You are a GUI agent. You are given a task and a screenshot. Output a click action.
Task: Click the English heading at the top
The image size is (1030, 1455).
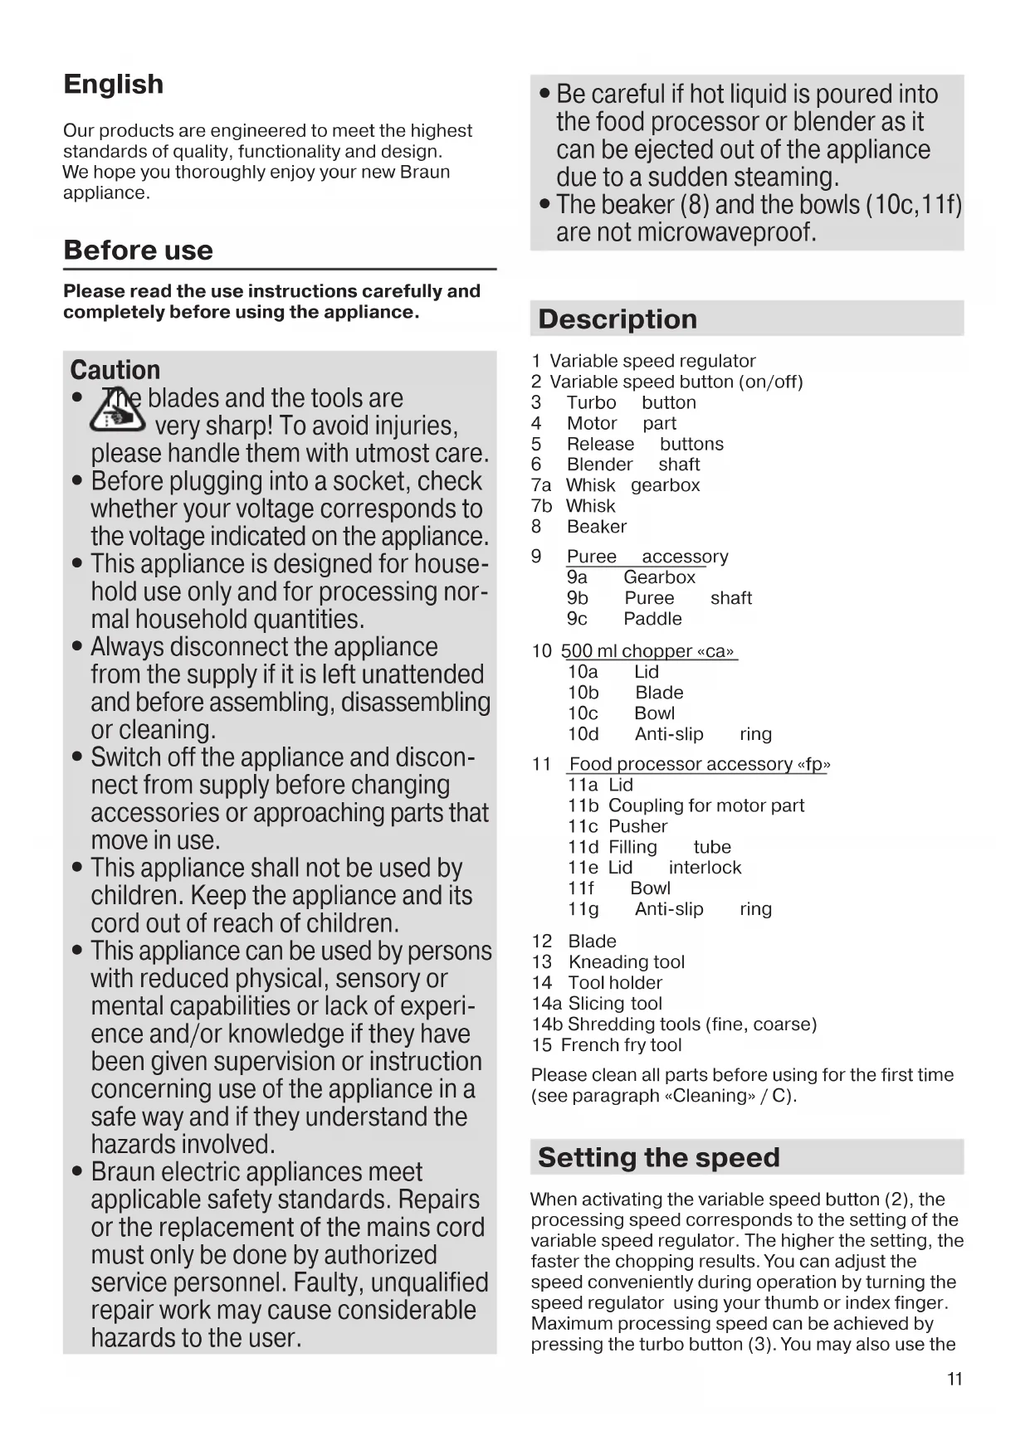pos(114,85)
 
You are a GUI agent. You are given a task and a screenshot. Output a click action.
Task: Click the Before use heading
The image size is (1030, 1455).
pos(138,251)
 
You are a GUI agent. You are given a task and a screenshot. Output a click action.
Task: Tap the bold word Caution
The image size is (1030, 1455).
pos(115,370)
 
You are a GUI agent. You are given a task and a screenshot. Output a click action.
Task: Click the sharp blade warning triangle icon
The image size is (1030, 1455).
pos(119,411)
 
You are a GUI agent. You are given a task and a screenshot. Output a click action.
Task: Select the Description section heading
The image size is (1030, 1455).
pos(618,319)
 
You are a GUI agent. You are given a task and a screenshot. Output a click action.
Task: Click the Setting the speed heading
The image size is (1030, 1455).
pos(659,1157)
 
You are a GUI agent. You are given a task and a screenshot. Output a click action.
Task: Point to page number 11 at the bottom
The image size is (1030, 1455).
pos(954,1380)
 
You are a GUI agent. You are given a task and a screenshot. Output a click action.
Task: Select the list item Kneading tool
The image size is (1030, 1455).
pos(626,962)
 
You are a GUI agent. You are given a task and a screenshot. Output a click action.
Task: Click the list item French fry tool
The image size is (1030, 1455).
pos(621,1045)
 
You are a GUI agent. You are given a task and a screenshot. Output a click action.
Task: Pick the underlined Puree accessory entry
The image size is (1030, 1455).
pos(647,557)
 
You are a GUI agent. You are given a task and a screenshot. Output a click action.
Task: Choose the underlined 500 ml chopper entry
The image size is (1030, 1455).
pos(649,651)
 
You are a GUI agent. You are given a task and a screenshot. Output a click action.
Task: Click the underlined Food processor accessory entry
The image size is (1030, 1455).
pos(700,764)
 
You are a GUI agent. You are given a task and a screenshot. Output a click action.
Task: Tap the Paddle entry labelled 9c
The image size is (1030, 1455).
pos(652,619)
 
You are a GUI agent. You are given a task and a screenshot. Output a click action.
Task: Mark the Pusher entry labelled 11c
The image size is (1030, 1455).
pos(637,826)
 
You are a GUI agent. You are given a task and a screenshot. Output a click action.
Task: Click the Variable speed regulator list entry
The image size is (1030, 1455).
pos(652,361)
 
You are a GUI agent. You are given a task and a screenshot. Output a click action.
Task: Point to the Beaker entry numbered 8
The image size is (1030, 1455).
pos(597,527)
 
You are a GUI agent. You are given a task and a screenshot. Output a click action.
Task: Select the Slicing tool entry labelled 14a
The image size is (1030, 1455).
pos(615,1004)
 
